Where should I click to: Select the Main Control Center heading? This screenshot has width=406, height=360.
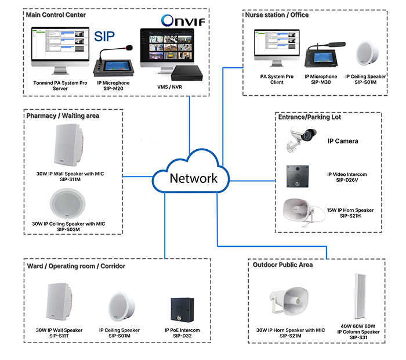(x=56, y=15)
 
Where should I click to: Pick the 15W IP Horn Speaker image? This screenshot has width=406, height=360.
(x=303, y=211)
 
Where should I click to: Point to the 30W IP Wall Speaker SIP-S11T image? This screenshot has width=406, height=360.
(x=61, y=304)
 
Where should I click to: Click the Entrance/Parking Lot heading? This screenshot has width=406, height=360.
(x=310, y=117)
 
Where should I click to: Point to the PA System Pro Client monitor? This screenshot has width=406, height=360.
(x=276, y=49)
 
